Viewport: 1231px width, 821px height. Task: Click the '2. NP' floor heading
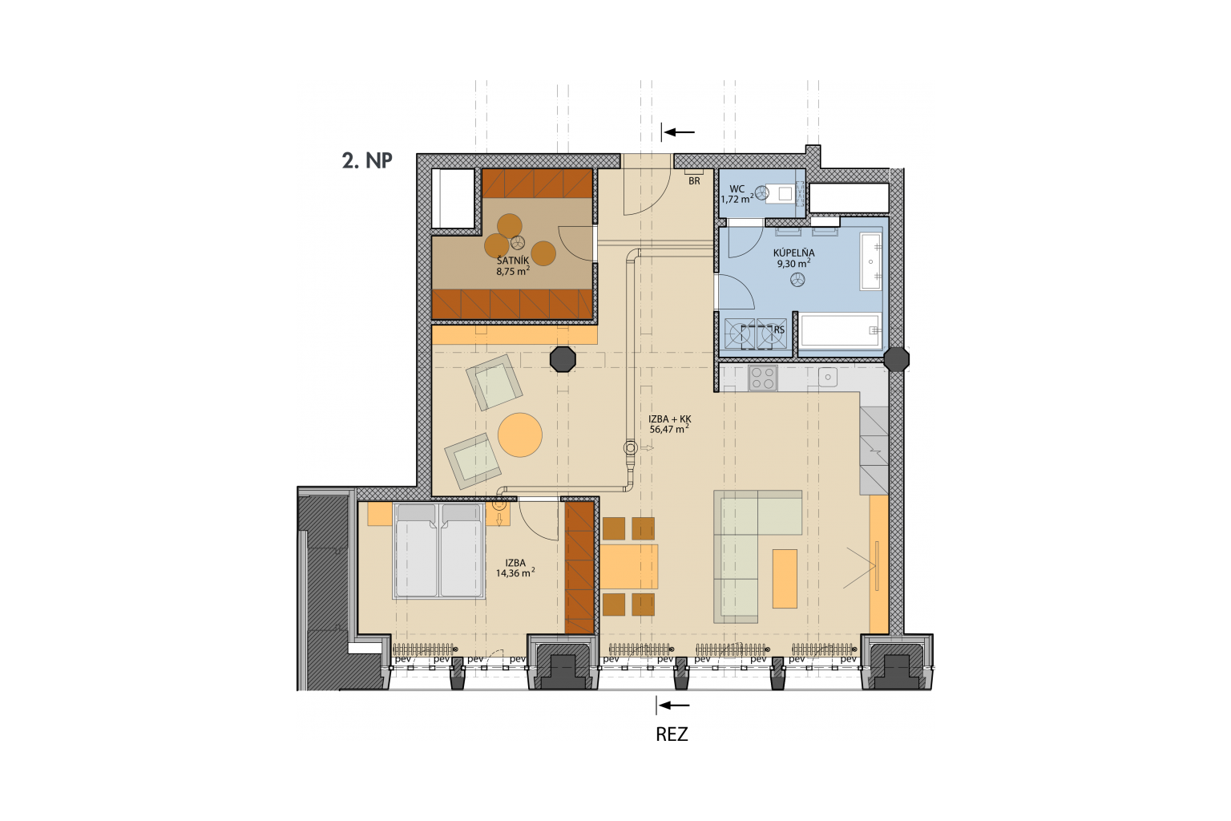[367, 160]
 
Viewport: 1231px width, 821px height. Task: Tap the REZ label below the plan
[672, 734]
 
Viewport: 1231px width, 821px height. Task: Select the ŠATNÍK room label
[513, 261]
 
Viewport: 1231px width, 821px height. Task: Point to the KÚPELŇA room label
[793, 253]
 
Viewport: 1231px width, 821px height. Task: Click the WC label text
[737, 189]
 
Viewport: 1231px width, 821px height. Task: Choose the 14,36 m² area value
[515, 572]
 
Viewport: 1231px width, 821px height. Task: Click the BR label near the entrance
[694, 180]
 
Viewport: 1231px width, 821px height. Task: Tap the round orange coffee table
[520, 435]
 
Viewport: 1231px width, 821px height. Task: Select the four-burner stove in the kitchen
[762, 378]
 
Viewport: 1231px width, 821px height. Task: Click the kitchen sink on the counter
[828, 378]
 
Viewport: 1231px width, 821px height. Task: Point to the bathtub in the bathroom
[840, 330]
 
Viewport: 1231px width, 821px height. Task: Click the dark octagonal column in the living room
[563, 360]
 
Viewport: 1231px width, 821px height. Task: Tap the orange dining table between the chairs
[628, 566]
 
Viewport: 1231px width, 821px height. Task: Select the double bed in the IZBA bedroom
[438, 551]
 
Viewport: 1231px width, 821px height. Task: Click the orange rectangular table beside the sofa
[785, 579]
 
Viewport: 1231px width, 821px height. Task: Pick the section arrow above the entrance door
[680, 132]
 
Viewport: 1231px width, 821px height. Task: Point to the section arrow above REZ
[674, 705]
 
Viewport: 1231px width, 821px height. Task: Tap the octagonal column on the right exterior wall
[896, 360]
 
